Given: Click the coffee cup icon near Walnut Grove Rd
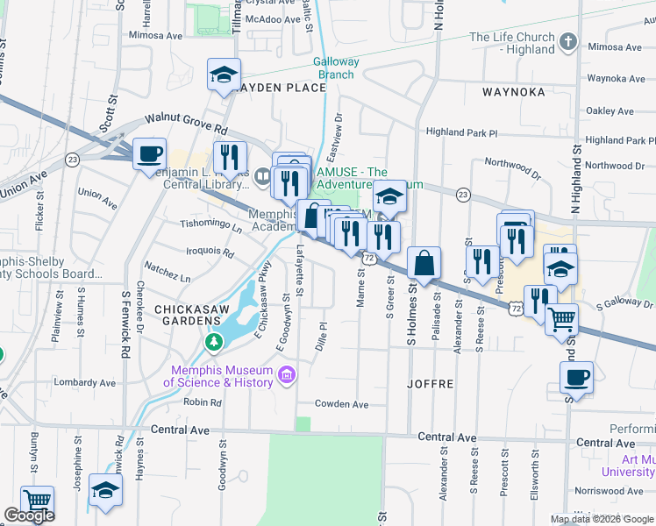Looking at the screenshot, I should pyautogui.click(x=150, y=153).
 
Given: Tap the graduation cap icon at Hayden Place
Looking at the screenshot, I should pyautogui.click(x=224, y=74).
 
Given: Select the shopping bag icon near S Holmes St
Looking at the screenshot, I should pyautogui.click(x=424, y=262).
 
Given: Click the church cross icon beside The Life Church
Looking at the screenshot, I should pyautogui.click(x=567, y=41).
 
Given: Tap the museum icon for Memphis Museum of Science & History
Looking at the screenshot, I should pyautogui.click(x=285, y=376).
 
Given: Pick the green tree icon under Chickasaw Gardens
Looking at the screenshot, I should pyautogui.click(x=211, y=340).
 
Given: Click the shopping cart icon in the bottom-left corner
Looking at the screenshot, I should pyautogui.click(x=37, y=501).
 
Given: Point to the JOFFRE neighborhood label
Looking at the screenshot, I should pyautogui.click(x=430, y=384).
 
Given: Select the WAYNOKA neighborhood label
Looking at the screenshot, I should pyautogui.click(x=513, y=91).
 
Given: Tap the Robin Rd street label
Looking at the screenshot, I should pyautogui.click(x=203, y=402).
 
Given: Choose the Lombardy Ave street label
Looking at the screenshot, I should pyautogui.click(x=85, y=383).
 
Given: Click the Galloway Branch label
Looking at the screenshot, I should pyautogui.click(x=336, y=68).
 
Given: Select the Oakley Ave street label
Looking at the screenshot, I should pyautogui.click(x=610, y=111).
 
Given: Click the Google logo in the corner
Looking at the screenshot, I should pyautogui.click(x=29, y=515).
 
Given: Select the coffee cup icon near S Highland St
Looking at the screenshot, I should pyautogui.click(x=576, y=378).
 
